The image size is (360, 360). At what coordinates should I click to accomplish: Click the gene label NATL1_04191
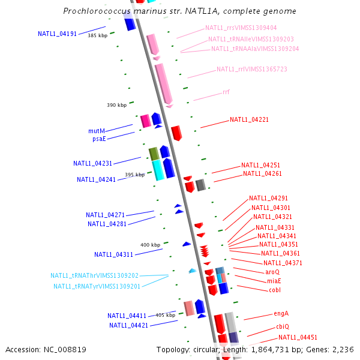pos(57,34)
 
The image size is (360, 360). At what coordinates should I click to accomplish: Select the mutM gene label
pos(97,131)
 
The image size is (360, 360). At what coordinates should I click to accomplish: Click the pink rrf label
pos(226,92)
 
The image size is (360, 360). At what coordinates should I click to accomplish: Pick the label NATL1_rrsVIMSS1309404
pos(241,28)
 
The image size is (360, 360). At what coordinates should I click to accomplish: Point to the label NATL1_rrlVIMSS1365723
pos(252,70)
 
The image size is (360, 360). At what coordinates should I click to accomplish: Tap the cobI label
pos(275,290)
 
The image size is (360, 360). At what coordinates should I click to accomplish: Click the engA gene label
pos(281,313)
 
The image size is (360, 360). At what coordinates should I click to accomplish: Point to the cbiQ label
pos(283,326)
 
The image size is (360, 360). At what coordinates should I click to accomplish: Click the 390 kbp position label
pos(117,106)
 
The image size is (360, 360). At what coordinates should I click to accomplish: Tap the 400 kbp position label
pos(151,245)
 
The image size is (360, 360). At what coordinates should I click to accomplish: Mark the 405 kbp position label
pos(166,315)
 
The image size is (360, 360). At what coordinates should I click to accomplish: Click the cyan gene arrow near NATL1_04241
pos(158,170)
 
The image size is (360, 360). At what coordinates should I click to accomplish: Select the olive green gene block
pos(154,154)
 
